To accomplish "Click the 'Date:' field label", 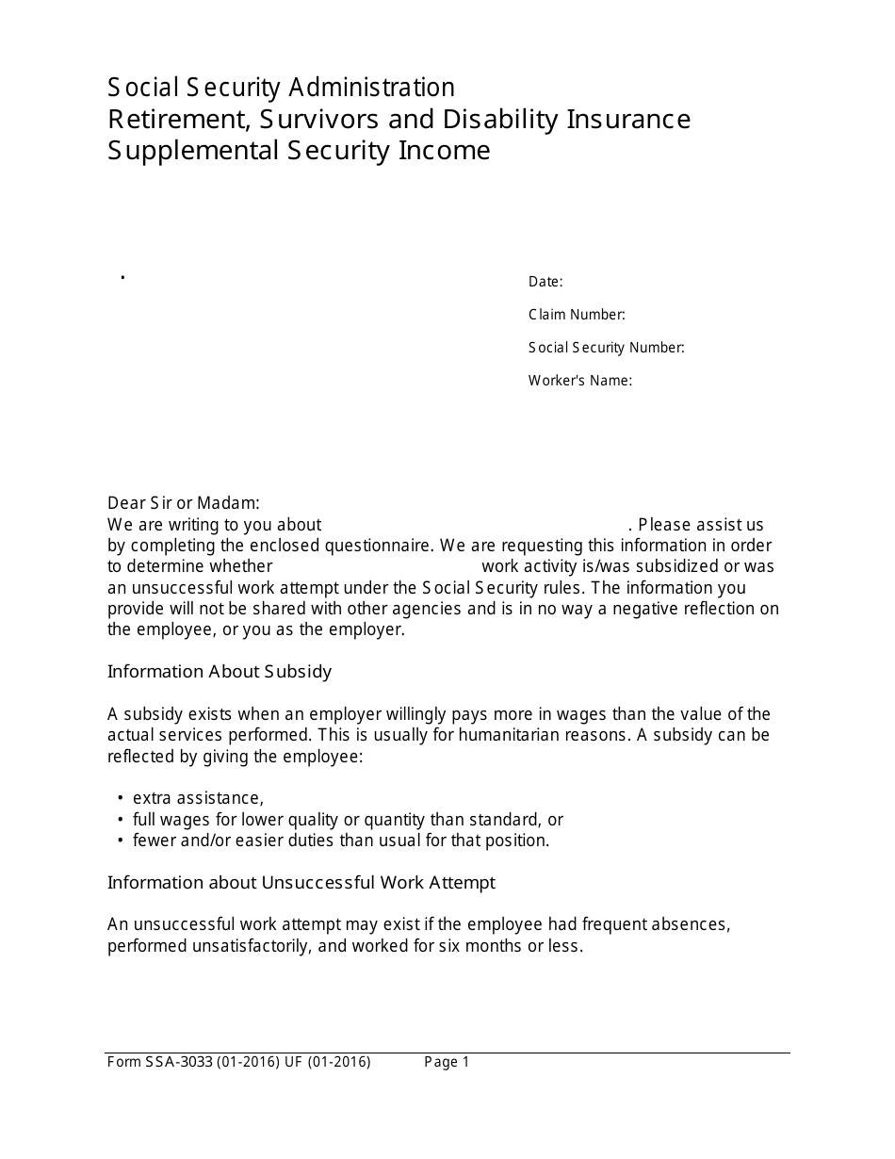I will (x=545, y=282).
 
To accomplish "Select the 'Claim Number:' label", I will (x=577, y=315).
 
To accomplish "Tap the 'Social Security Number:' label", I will (x=606, y=348).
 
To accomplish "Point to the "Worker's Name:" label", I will (x=579, y=381).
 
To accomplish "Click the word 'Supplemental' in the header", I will (x=193, y=151).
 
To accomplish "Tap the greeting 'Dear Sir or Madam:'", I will (x=184, y=503).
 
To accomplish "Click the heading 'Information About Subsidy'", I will (x=220, y=672).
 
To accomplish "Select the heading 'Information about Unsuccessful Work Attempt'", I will (x=301, y=883).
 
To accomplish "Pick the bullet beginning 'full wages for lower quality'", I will (x=348, y=820).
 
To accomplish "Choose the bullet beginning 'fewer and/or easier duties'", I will (x=340, y=841).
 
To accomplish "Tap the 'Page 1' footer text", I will (x=447, y=1062).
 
